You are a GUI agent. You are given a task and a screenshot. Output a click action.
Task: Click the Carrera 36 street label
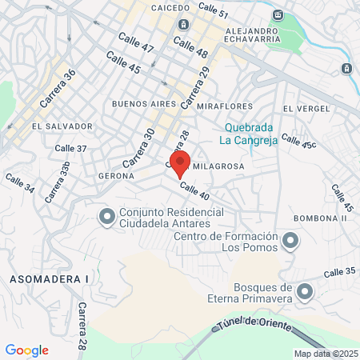[58, 89]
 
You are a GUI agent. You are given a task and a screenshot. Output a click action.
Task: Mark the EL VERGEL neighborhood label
[302, 108]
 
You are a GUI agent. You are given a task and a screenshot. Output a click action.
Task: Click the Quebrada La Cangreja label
[250, 134]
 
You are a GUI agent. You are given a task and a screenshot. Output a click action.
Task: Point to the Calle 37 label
[70, 148]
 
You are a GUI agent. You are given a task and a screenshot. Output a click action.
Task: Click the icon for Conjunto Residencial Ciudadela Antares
[106, 216]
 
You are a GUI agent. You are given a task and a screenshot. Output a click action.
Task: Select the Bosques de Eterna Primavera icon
[305, 292]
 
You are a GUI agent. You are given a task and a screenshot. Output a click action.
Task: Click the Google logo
[26, 350]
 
